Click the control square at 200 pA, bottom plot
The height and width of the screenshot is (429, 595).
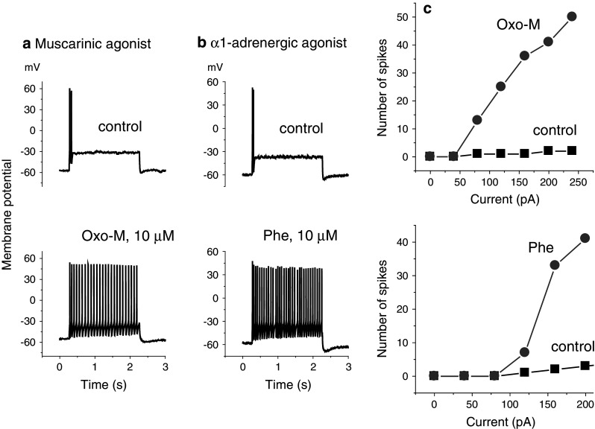click(x=585, y=366)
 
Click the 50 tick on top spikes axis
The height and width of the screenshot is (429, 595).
click(x=403, y=16)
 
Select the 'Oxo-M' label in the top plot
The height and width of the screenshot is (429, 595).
click(x=514, y=25)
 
